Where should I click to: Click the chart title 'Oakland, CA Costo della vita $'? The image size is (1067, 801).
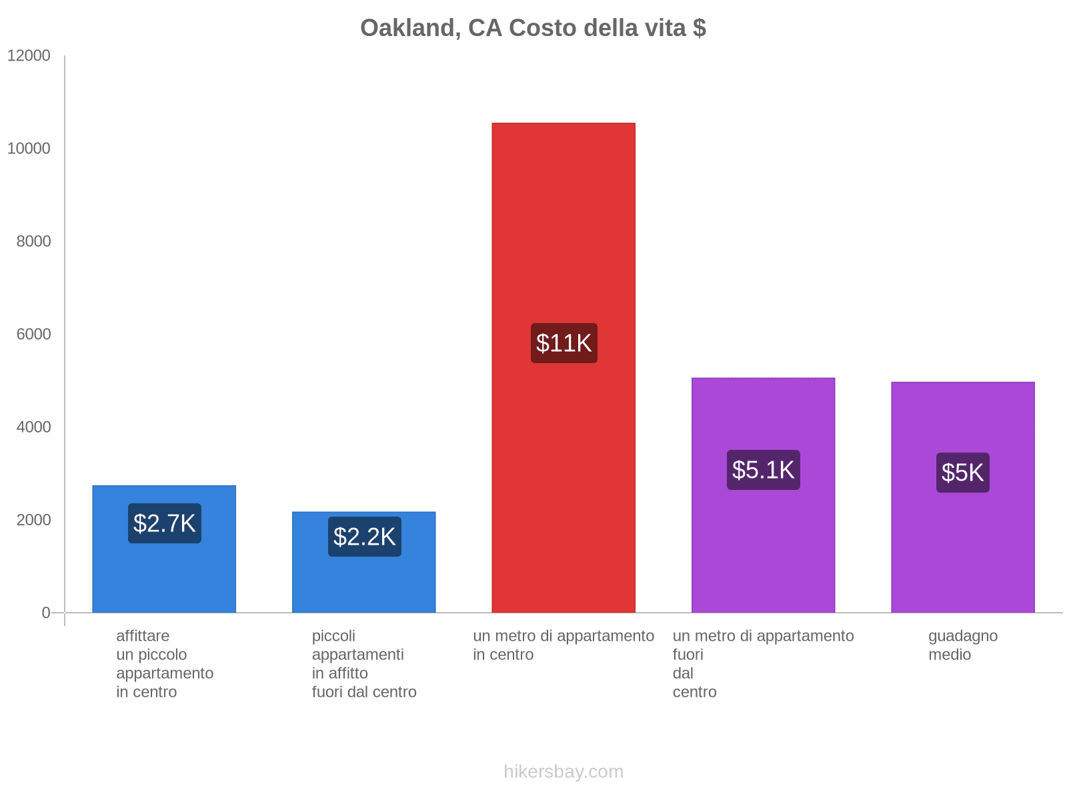[533, 28]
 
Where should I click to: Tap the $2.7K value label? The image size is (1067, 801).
[164, 523]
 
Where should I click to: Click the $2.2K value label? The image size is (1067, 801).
[364, 537]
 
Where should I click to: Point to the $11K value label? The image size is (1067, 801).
[564, 343]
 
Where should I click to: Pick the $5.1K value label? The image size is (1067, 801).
[763, 470]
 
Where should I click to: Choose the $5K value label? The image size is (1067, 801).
[962, 473]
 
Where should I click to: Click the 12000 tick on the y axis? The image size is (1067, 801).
[29, 56]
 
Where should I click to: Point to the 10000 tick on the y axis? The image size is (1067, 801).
[29, 149]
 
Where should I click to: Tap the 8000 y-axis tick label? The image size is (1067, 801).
[33, 242]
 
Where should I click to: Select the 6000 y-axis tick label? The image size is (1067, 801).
[33, 334]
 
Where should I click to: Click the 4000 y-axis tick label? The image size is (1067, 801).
[33, 427]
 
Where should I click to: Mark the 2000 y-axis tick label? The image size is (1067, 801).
[33, 520]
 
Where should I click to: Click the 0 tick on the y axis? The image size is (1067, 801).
[46, 613]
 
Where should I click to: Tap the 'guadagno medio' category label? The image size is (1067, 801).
[962, 645]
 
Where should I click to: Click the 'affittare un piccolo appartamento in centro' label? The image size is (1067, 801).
[164, 663]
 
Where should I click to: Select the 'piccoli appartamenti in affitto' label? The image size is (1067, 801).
[363, 663]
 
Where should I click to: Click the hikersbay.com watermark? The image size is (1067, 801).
[564, 772]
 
